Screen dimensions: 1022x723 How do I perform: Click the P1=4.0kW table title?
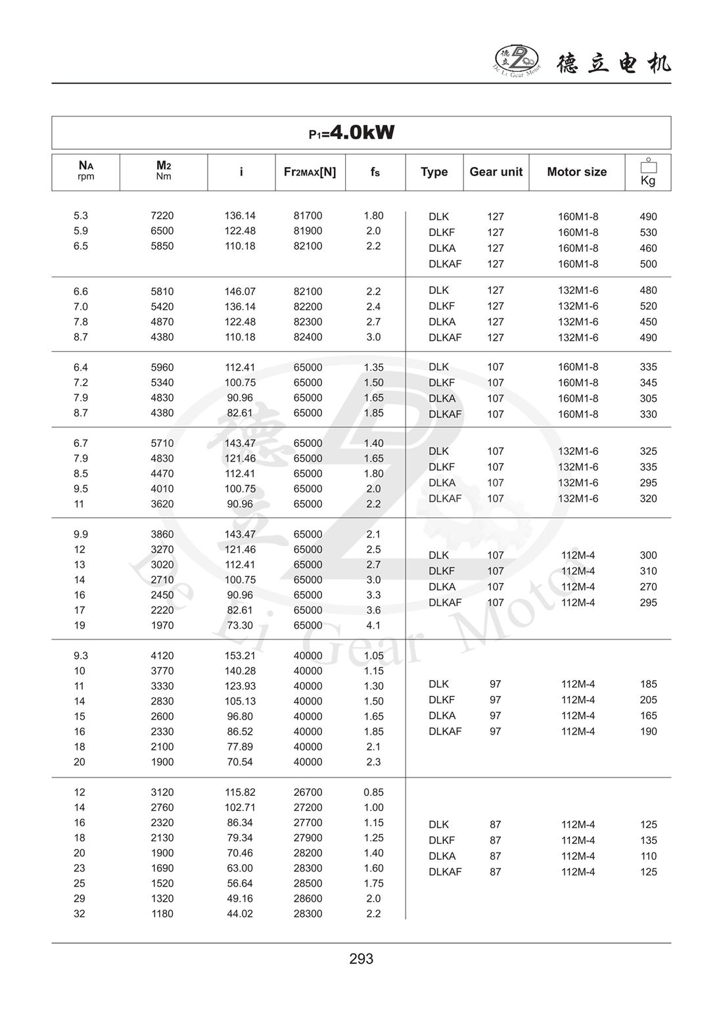(x=352, y=133)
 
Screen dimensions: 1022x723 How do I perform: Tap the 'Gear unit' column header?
(x=496, y=172)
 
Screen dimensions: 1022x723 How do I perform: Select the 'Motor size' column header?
(x=576, y=172)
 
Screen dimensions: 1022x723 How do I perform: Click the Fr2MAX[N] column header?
(x=310, y=172)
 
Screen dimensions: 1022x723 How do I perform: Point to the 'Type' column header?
(x=434, y=172)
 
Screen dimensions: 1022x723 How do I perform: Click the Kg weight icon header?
(x=648, y=173)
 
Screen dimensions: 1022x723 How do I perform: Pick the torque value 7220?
(x=162, y=216)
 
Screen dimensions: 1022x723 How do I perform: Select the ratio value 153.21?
(x=240, y=655)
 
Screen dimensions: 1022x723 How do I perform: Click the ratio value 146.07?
(x=240, y=291)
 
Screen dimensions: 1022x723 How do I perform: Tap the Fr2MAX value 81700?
(x=308, y=216)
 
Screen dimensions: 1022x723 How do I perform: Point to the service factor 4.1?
(x=373, y=625)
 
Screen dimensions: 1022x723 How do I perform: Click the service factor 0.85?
(x=373, y=792)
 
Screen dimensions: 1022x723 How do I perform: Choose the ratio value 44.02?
(x=240, y=914)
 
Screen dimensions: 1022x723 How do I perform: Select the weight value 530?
(x=648, y=232)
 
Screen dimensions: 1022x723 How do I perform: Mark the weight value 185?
(x=648, y=684)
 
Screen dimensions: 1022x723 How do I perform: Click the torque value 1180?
(x=162, y=914)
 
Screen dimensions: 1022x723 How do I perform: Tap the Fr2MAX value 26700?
(x=308, y=792)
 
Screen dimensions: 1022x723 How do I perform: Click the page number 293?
(x=361, y=959)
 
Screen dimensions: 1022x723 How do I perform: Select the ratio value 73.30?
(x=240, y=625)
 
